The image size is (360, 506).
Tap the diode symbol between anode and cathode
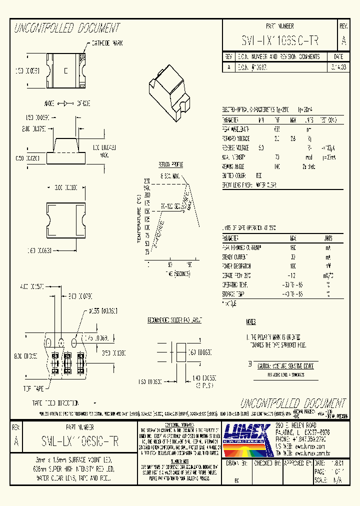point(65,103)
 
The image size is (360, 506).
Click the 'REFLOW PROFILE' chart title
point(171,164)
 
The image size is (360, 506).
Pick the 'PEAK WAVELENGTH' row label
point(235,129)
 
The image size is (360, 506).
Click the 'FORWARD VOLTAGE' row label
point(236,138)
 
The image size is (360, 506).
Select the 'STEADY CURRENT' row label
point(233,257)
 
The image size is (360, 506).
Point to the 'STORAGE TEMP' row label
point(232,294)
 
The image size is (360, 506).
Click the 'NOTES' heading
point(251,322)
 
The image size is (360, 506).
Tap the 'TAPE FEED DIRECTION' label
point(55,402)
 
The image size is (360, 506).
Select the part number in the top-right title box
point(280,40)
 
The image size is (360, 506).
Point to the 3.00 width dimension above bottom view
point(62,187)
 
